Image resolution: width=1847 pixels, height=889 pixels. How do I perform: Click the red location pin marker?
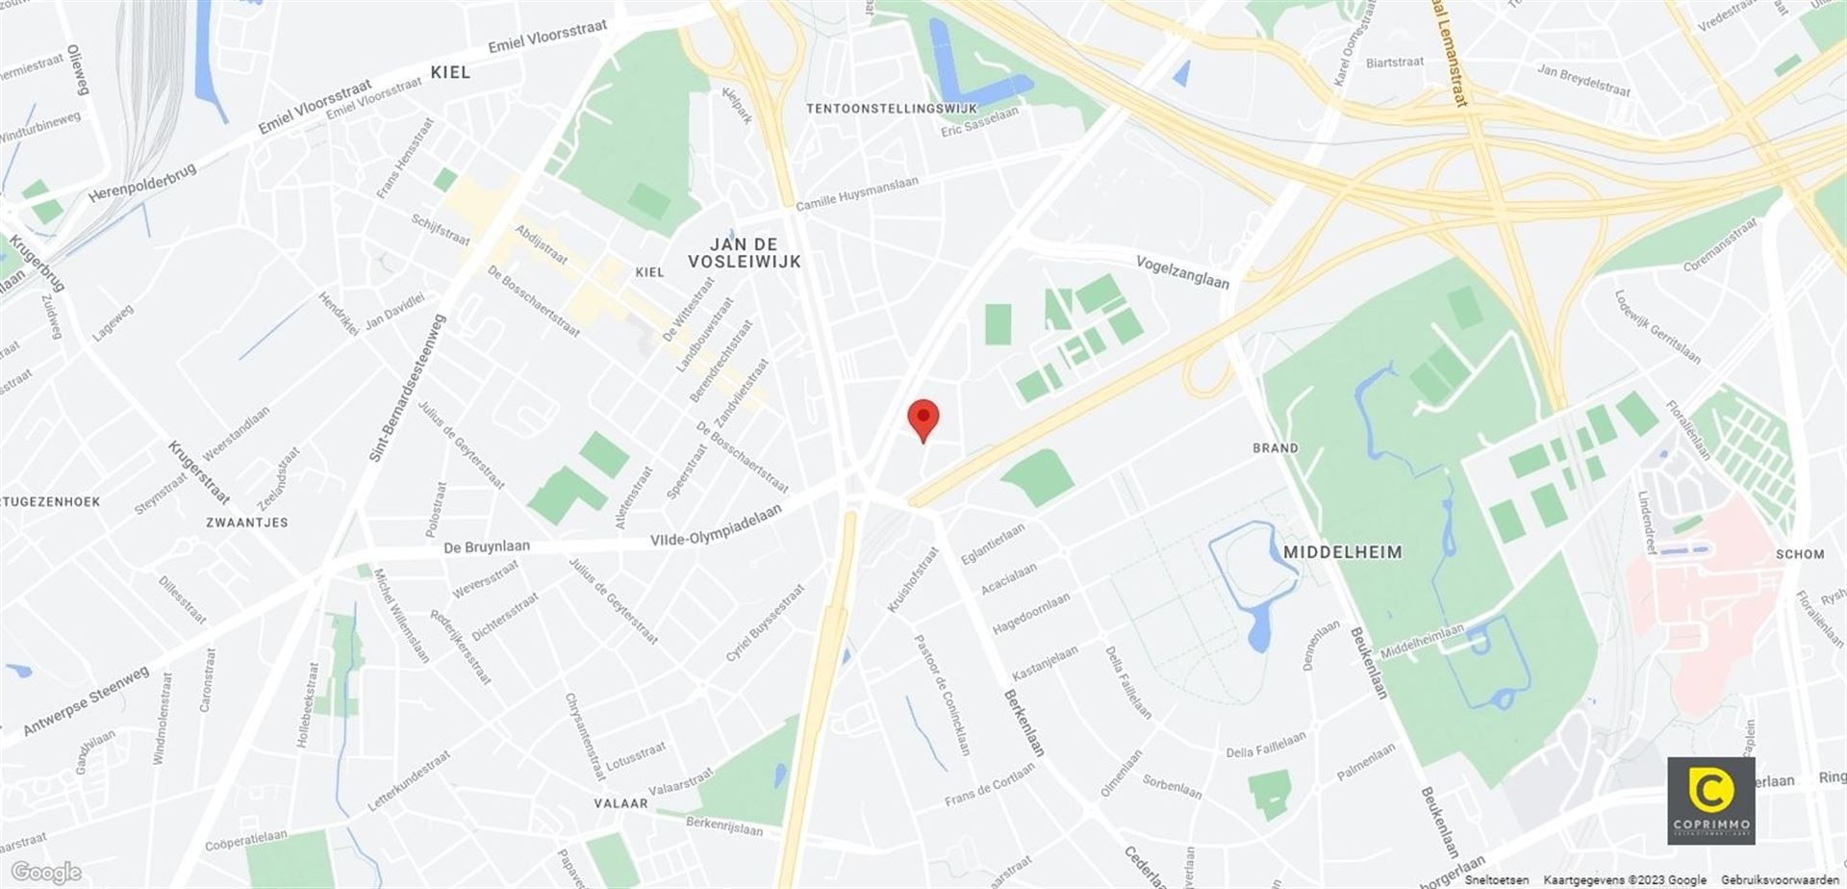coord(923,419)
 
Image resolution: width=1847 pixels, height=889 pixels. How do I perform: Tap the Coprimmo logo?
coord(1710,800)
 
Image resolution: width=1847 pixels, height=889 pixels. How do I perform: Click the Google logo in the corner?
coord(45,872)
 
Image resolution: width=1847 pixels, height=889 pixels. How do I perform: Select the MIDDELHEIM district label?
coord(1342,552)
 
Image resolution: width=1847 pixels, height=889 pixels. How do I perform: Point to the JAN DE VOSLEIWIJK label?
coord(744,252)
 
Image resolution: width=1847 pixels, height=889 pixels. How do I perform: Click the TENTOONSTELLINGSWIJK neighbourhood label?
coord(891,109)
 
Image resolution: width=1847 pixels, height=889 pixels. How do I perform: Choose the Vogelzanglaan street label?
coord(1182,271)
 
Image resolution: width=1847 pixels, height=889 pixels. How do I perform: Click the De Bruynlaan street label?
coord(486,546)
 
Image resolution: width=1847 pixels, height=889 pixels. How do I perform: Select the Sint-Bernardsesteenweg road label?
coord(408,388)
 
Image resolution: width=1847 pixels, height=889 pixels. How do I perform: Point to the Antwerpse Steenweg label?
coord(86,699)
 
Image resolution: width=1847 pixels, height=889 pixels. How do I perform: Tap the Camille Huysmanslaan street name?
coord(856,193)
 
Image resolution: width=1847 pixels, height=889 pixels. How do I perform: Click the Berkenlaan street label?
coord(1024,722)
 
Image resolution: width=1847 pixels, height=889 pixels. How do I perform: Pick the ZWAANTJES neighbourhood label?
coord(246,522)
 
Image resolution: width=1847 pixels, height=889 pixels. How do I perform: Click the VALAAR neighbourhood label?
coord(620,803)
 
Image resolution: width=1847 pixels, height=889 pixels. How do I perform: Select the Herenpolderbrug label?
coord(142,182)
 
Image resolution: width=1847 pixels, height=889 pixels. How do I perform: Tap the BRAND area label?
coord(1275,448)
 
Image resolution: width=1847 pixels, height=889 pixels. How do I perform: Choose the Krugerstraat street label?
coord(199,472)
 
